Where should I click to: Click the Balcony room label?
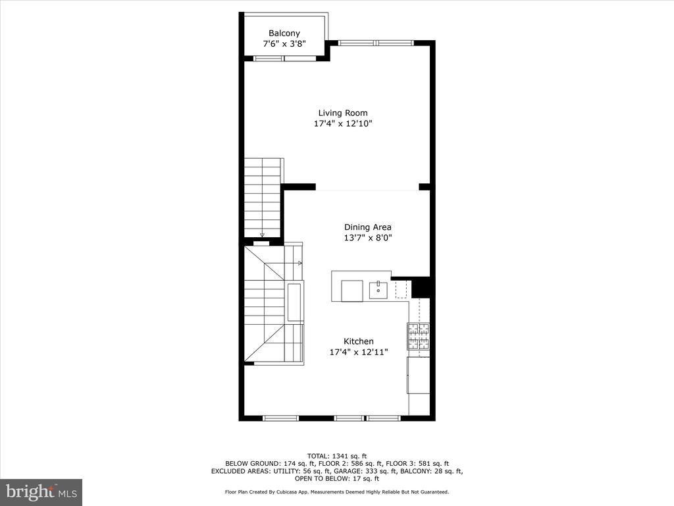(x=284, y=33)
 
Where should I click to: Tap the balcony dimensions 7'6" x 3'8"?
(x=284, y=43)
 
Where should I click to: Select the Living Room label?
(x=342, y=113)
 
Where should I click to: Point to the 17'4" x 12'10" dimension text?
(x=342, y=124)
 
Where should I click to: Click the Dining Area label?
(x=367, y=227)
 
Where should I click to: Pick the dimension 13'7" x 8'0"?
(x=367, y=237)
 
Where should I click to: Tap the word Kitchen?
(x=359, y=341)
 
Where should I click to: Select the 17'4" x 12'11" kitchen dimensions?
(x=359, y=352)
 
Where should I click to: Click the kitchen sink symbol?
(x=378, y=290)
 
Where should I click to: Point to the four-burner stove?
(x=418, y=335)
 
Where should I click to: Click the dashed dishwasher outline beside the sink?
(x=401, y=290)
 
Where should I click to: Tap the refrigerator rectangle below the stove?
(x=418, y=375)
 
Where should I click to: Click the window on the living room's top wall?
(x=376, y=43)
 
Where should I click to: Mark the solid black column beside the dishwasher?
(x=421, y=287)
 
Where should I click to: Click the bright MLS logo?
(x=41, y=492)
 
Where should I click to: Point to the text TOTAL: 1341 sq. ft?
(x=337, y=456)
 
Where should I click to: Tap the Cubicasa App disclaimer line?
(x=337, y=492)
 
